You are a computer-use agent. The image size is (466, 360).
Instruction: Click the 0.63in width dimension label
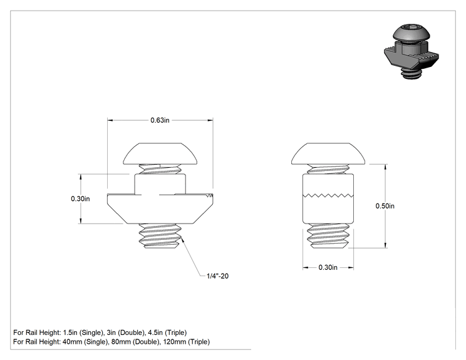click(160, 120)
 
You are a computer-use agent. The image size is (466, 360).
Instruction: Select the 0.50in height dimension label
click(385, 206)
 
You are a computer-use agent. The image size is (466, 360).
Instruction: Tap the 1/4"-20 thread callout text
click(217, 276)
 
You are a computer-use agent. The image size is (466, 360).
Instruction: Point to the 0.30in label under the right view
click(328, 267)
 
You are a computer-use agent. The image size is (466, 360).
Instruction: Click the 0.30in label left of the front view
click(80, 198)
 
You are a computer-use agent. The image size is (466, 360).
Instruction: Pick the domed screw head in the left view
click(160, 153)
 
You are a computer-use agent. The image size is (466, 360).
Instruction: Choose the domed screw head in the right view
click(328, 153)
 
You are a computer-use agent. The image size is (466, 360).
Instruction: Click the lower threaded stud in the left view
click(160, 236)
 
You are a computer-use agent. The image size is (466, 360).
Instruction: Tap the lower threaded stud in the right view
click(328, 236)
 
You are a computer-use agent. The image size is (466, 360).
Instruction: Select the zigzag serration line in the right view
click(328, 195)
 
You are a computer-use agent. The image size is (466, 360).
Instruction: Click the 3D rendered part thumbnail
click(412, 52)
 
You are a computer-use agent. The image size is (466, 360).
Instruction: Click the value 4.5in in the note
click(155, 332)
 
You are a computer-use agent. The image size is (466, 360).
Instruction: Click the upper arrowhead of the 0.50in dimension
click(385, 167)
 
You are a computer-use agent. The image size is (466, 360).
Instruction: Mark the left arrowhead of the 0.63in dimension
click(110, 120)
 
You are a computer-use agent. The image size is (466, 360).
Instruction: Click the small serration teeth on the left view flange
click(210, 195)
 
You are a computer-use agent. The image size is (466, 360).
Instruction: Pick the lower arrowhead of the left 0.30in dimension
click(80, 221)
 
